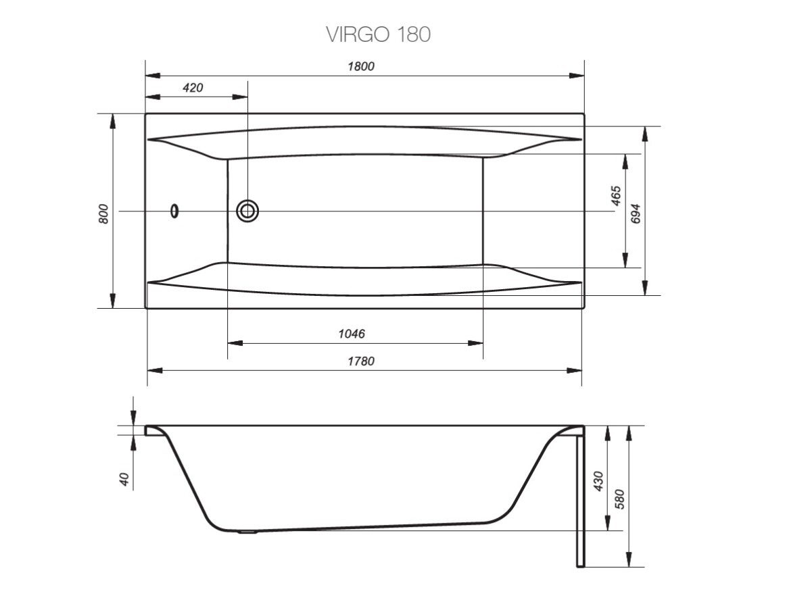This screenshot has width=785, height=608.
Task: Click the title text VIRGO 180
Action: coord(378,34)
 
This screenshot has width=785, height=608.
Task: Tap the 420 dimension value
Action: coord(193,88)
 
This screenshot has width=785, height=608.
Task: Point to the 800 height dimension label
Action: coord(103,214)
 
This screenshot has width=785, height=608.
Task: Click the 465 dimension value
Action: coord(615,195)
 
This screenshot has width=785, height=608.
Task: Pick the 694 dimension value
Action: coord(634,214)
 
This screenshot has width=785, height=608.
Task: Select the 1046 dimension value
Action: coord(352,334)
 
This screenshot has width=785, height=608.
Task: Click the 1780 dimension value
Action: coord(361,361)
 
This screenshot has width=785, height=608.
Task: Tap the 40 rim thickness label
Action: coord(124,479)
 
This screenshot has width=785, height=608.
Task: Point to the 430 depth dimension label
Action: coord(598,480)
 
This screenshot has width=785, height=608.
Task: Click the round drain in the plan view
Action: coord(247,211)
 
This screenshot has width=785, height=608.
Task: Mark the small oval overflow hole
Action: coord(175,211)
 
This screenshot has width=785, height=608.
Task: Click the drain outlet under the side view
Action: coord(248,532)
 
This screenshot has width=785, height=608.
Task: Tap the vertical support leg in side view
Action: coord(579,500)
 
